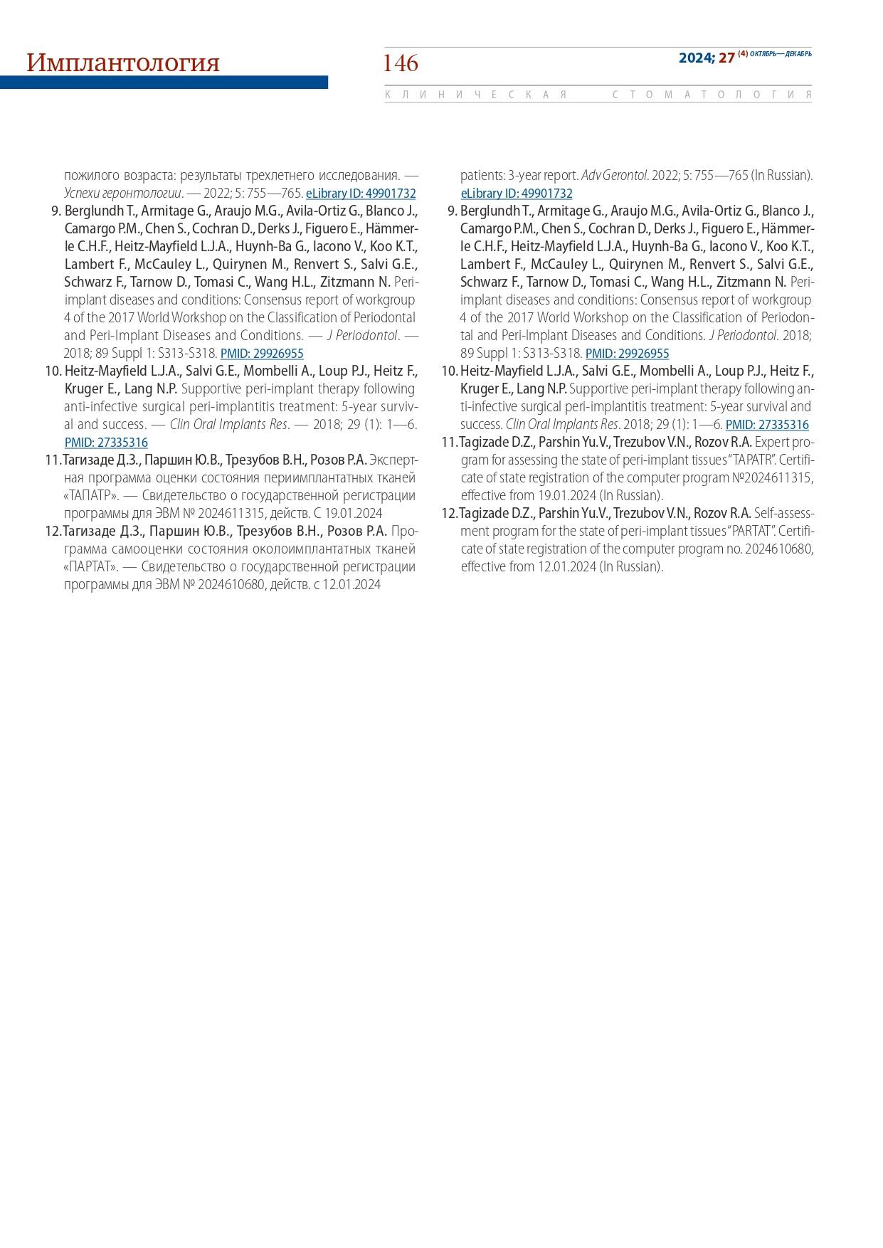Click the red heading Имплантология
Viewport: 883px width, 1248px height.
click(123, 63)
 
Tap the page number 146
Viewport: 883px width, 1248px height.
click(401, 63)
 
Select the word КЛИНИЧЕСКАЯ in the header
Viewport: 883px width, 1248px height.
click(476, 95)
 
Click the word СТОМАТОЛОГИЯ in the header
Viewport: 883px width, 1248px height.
click(712, 95)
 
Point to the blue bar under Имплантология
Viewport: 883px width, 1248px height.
click(164, 83)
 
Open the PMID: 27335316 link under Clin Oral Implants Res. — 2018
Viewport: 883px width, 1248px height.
click(106, 443)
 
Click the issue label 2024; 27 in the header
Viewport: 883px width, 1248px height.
click(706, 58)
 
